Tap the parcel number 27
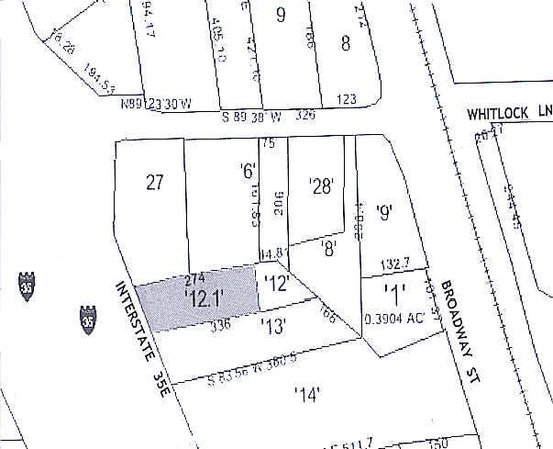point(154,182)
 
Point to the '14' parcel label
point(306,395)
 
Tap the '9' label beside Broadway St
point(383,213)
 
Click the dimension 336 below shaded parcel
point(218,323)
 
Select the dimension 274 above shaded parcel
point(194,277)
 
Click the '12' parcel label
point(277,285)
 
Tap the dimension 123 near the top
point(346,99)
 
